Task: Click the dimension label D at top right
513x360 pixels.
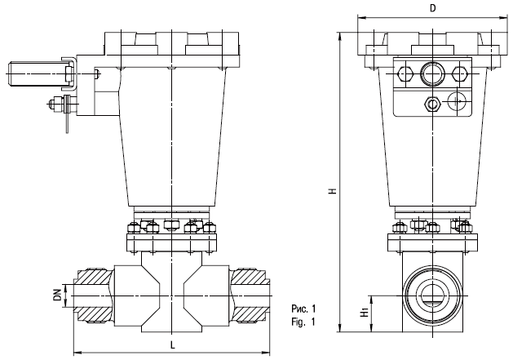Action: pos(432,8)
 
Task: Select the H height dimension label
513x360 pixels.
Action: pos(333,191)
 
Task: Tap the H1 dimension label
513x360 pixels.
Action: pos(365,312)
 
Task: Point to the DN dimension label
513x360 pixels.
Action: pos(58,296)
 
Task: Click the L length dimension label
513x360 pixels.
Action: pos(172,344)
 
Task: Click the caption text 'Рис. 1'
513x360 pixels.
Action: pos(303,309)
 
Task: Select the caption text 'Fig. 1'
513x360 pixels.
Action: pos(303,322)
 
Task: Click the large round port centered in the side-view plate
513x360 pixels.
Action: pos(432,73)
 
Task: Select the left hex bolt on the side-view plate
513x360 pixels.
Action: pos(405,73)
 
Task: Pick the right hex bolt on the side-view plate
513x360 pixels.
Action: pos(459,73)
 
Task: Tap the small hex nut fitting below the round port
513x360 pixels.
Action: pos(432,104)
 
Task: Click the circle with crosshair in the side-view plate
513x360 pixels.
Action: pos(457,101)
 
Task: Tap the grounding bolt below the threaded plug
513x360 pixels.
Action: pos(61,104)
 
